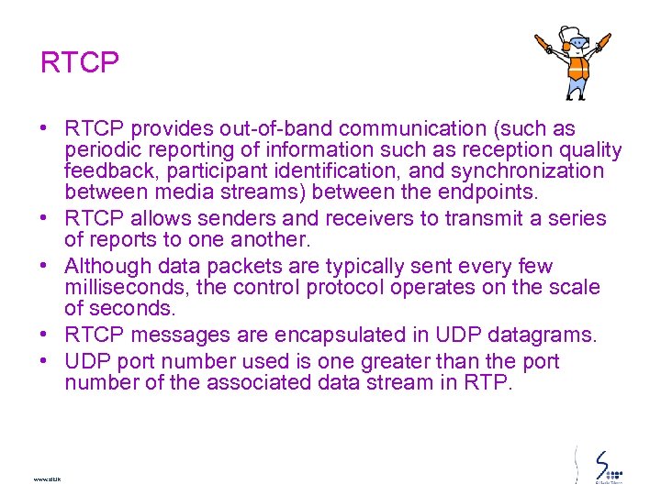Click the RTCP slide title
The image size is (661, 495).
point(80,63)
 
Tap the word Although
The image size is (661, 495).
point(108,267)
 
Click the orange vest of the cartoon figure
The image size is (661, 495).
point(577,68)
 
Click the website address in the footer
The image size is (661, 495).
point(46,478)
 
